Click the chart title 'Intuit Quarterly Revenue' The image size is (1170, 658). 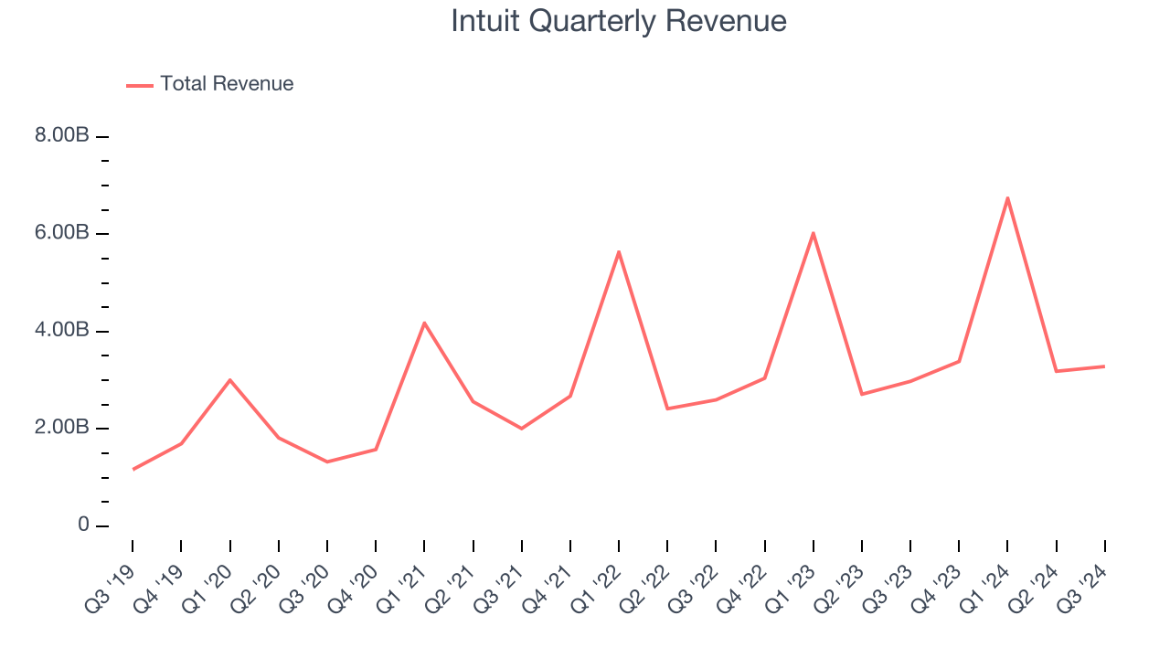point(619,21)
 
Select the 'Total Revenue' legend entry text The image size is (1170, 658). point(227,84)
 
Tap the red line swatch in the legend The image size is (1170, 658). point(140,85)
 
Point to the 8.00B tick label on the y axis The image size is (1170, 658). point(62,136)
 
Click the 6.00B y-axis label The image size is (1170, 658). point(62,233)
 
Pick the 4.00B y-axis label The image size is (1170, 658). point(62,331)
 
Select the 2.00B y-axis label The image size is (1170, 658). point(62,428)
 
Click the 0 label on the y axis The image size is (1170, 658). point(83,525)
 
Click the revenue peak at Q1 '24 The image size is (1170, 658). point(1007,198)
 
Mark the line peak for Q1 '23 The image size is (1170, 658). point(813,233)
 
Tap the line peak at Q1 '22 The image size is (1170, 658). point(619,252)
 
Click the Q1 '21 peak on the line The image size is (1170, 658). point(424,323)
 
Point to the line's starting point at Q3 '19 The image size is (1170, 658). point(133,469)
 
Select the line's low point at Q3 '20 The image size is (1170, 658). point(327,462)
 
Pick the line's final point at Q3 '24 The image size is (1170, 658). point(1104,366)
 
